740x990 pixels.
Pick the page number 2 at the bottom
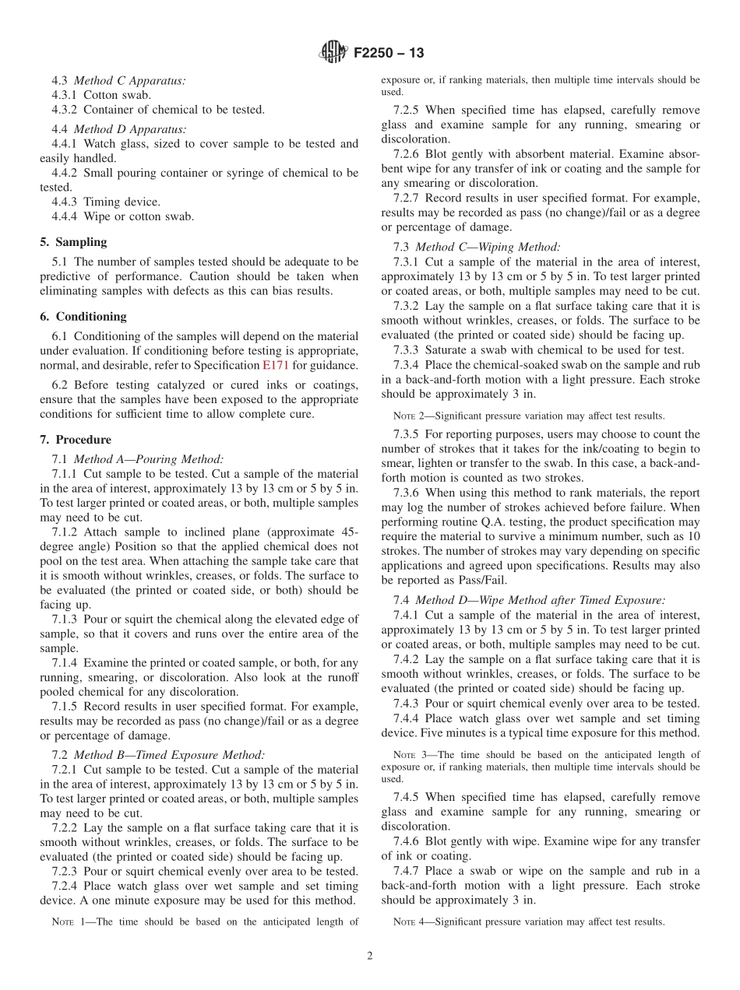point(370,956)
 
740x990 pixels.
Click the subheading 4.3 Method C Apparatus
point(118,80)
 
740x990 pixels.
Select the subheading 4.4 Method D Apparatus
point(118,129)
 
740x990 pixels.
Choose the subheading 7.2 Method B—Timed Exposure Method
point(158,754)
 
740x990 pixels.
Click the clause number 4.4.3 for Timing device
point(66,202)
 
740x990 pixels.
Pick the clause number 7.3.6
point(410,493)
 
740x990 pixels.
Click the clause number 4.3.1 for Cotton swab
point(66,95)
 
